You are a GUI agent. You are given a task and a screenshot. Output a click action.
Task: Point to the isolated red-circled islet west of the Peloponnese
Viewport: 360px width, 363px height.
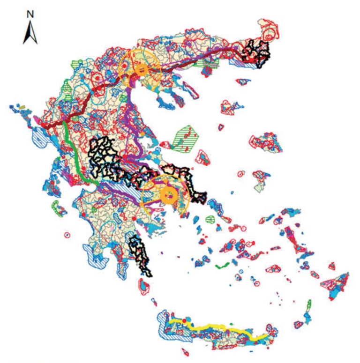[x=67, y=235]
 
